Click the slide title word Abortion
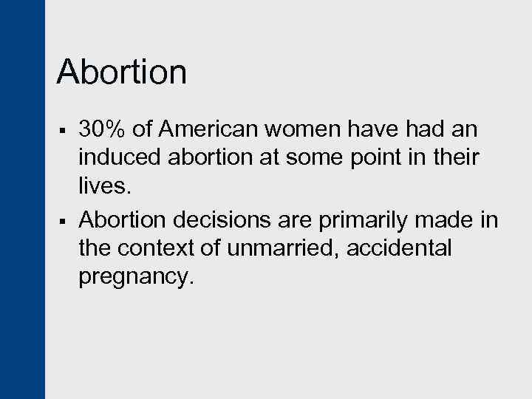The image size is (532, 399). [122, 72]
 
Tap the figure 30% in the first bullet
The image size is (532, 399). [103, 130]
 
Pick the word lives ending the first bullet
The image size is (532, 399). [103, 185]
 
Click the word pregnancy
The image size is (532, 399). [135, 276]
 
